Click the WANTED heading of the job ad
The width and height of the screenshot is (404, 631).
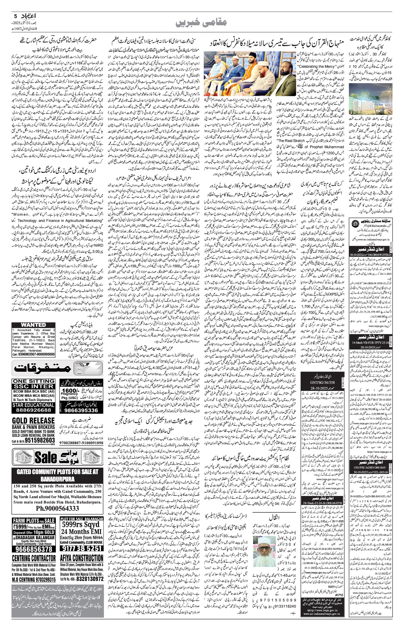coord(33,325)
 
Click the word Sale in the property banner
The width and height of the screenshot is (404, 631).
coord(46,457)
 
